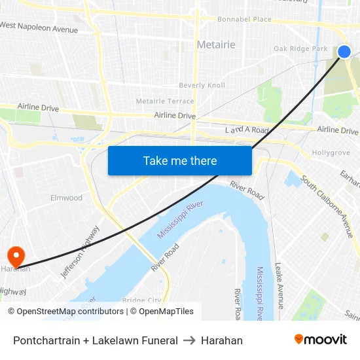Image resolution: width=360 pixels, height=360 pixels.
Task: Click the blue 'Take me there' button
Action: [179, 160]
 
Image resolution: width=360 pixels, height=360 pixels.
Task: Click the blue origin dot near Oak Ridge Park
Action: [344, 52]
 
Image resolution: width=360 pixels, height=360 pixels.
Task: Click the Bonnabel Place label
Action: [244, 20]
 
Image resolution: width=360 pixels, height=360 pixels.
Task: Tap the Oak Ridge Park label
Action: [300, 49]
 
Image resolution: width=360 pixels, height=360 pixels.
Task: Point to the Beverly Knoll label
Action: [202, 86]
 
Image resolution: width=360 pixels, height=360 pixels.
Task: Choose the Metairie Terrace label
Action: [164, 101]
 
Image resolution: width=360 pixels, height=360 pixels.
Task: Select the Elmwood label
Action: [67, 198]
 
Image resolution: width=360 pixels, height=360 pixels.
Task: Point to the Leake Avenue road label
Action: [279, 285]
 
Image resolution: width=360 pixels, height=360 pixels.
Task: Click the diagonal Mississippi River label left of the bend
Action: [180, 220]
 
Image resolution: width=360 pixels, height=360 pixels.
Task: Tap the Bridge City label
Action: [141, 300]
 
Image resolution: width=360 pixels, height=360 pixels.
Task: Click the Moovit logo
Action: [321, 339]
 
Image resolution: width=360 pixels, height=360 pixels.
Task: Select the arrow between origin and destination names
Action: [189, 340]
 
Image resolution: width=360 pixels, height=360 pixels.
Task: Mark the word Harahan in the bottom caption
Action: [221, 340]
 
